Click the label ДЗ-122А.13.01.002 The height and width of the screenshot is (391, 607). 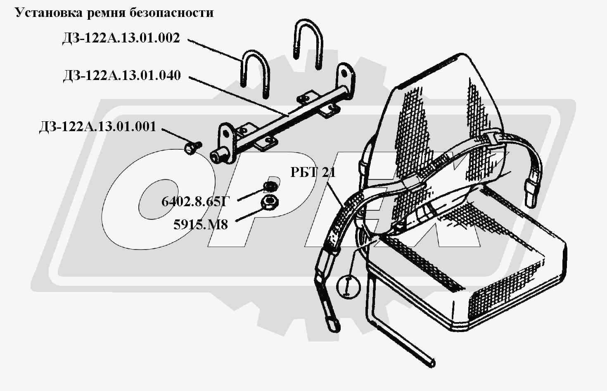(121, 38)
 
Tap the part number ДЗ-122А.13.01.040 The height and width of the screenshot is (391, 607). (122, 76)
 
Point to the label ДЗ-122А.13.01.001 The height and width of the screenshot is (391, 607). (98, 127)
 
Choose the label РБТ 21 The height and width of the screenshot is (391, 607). (313, 172)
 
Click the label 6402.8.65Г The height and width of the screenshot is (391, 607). (195, 202)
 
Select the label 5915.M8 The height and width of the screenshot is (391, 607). (201, 225)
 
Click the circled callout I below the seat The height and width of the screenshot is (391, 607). (349, 286)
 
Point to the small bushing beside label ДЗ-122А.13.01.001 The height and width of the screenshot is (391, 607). (192, 148)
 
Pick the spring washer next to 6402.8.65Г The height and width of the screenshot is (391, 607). (270, 186)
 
